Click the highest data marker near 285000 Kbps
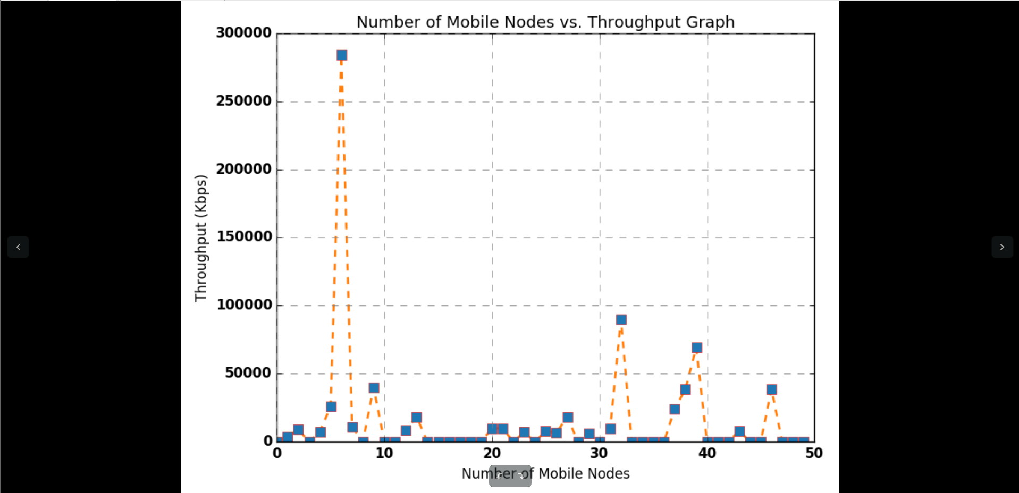point(342,55)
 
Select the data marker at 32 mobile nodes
point(621,320)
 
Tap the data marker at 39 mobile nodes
point(697,347)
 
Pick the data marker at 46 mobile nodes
point(772,389)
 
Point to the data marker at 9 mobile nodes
point(374,388)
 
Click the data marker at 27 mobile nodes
point(568,418)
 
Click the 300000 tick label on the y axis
point(244,33)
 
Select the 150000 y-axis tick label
point(244,236)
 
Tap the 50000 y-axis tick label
point(248,373)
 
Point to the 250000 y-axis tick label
point(244,101)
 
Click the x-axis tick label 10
point(384,453)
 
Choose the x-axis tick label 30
point(599,453)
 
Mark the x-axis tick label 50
point(814,453)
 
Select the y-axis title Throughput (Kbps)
point(201,238)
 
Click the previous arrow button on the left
point(18,247)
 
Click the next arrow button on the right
point(1002,247)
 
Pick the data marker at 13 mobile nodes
point(417,418)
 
